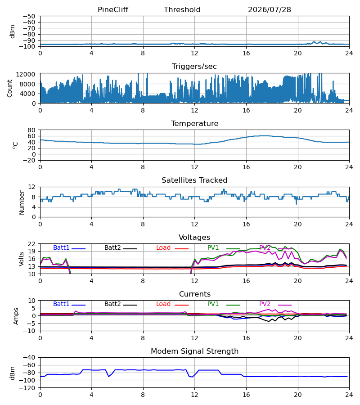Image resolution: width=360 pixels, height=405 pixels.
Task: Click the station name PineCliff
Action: point(113,10)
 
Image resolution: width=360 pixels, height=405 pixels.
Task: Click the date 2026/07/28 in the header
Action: point(270,10)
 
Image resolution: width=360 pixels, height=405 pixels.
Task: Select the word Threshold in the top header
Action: point(182,10)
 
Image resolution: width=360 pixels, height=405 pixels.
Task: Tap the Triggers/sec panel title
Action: point(194,67)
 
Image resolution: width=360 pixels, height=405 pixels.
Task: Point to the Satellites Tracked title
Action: point(194,180)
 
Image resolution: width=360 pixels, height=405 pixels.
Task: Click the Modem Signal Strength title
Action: point(194,351)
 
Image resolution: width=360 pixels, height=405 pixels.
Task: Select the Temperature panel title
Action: point(194,123)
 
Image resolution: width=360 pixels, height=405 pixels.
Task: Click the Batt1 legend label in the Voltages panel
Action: point(61,247)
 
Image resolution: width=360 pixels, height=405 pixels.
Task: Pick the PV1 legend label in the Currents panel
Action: point(213,304)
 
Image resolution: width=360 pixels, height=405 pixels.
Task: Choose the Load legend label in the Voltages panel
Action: point(163,247)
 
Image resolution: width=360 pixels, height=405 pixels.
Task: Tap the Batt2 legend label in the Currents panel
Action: point(112,304)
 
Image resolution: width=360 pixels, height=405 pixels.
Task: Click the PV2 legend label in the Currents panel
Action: point(265,304)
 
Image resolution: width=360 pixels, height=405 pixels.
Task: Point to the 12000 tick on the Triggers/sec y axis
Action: point(26,74)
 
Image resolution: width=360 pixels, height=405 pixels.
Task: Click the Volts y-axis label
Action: point(22,259)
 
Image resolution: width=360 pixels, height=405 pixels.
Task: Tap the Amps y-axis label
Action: point(16,316)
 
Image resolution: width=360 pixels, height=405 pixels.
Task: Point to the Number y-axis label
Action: point(22,203)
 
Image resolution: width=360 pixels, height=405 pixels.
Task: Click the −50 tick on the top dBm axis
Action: point(29,16)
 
